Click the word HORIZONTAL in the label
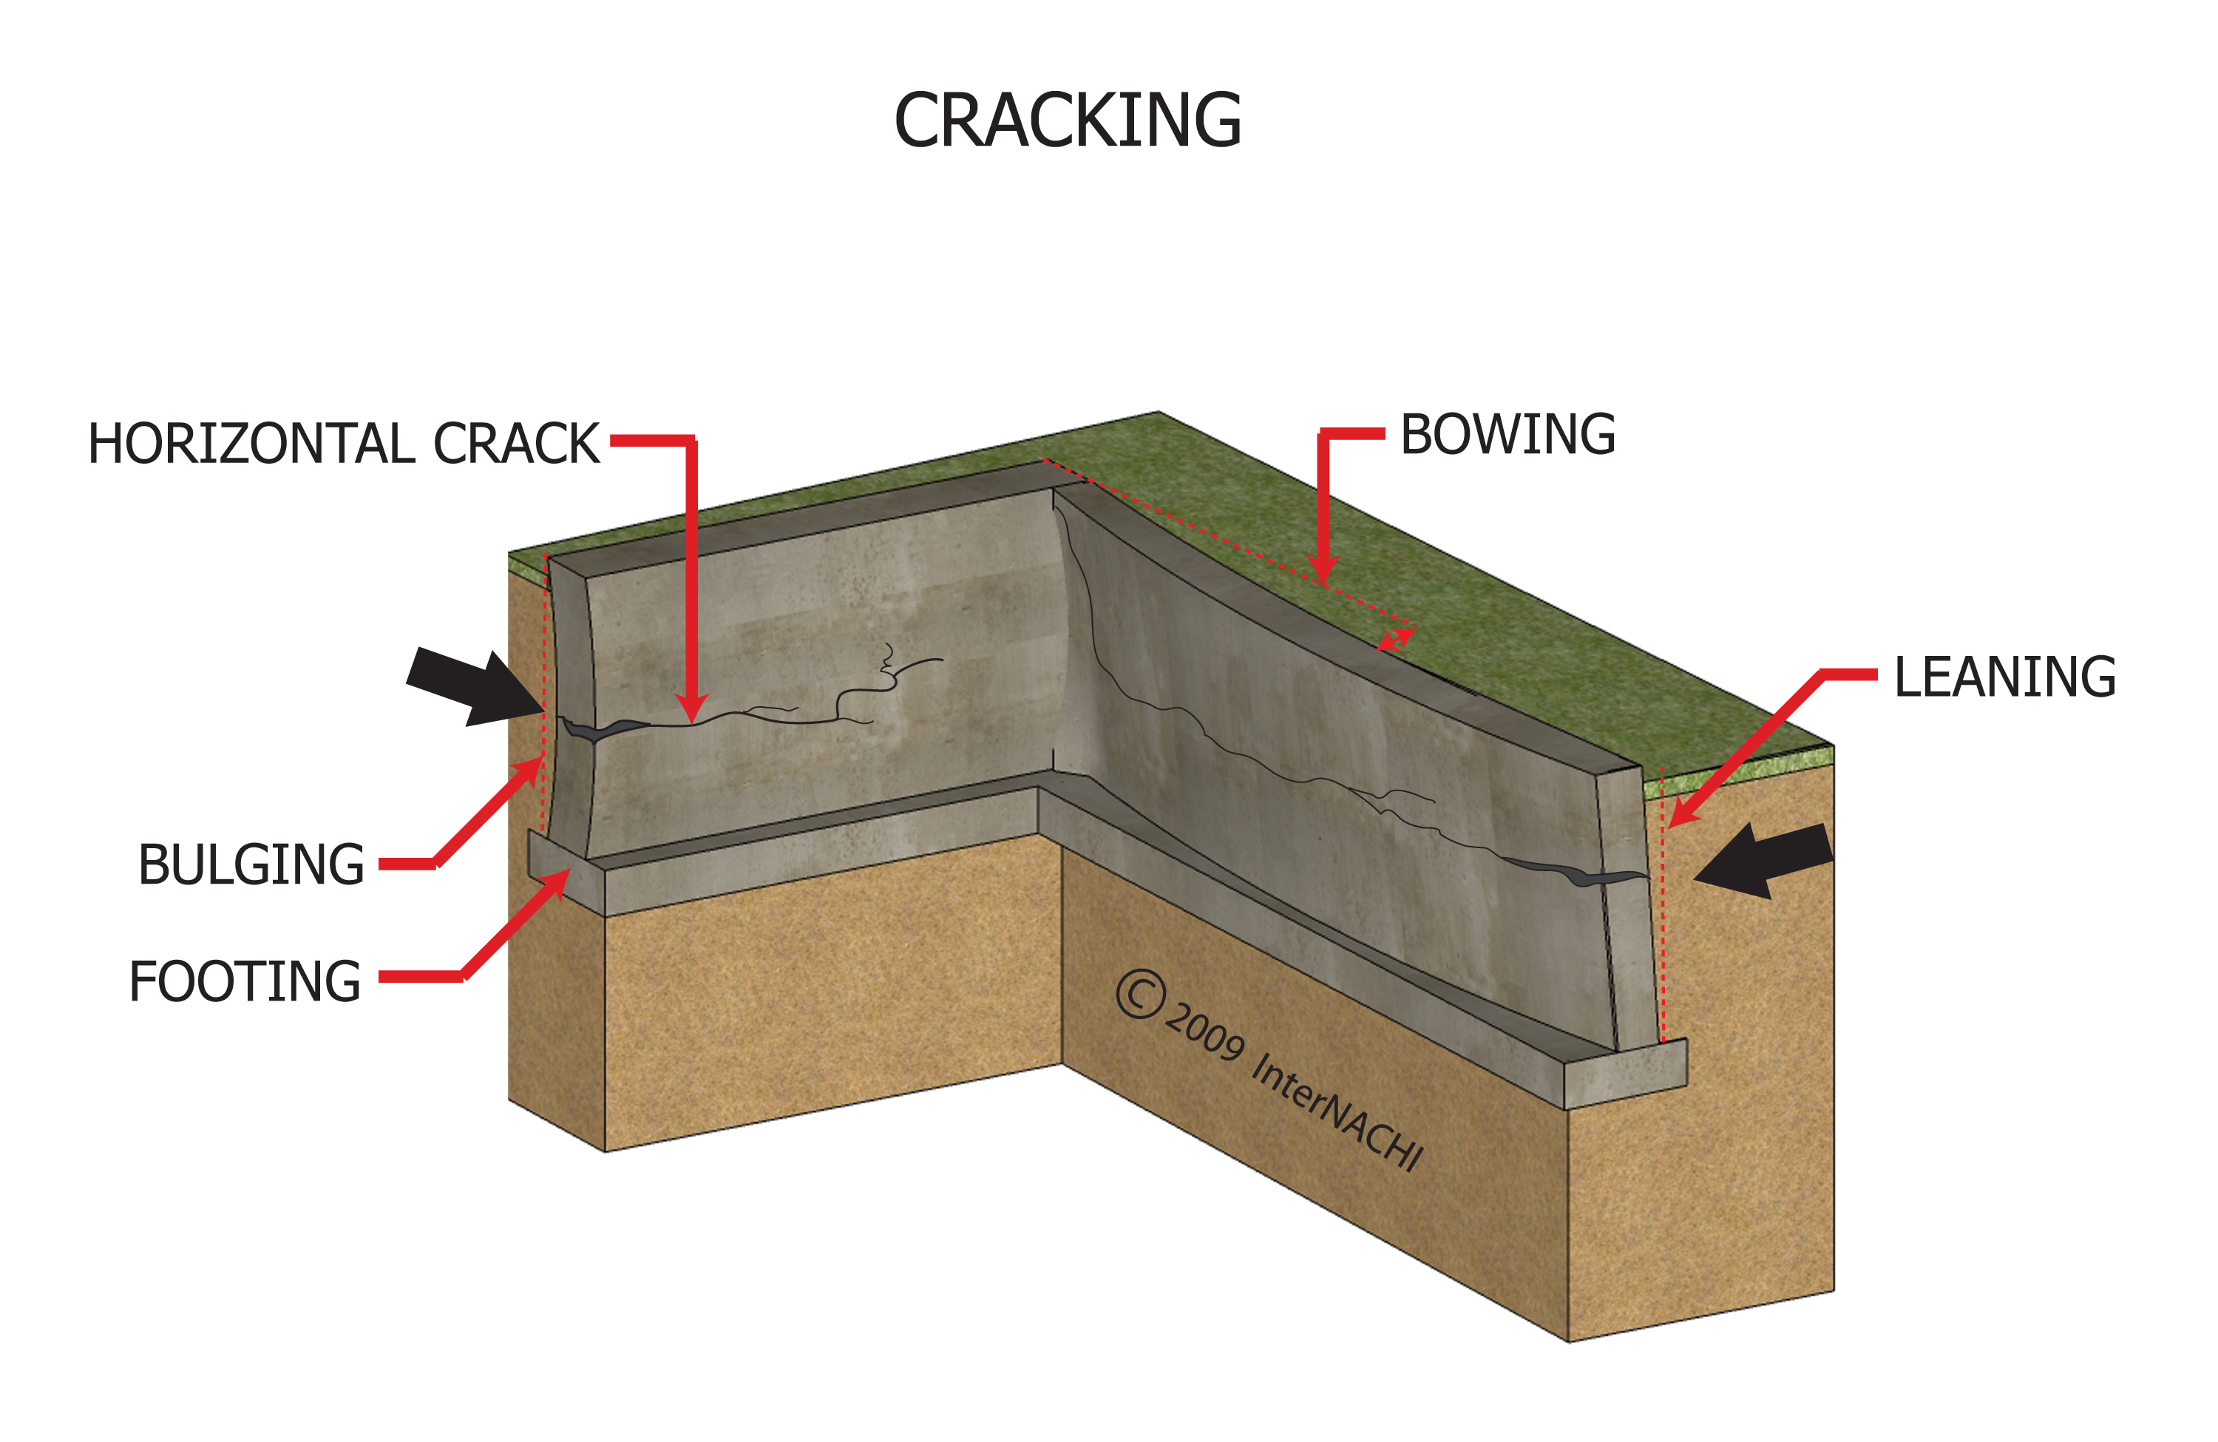click(x=251, y=444)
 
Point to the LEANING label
click(x=2004, y=677)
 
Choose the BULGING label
click(x=251, y=865)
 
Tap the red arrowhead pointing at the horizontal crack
click(x=691, y=711)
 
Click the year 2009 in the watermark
click(x=1205, y=1031)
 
